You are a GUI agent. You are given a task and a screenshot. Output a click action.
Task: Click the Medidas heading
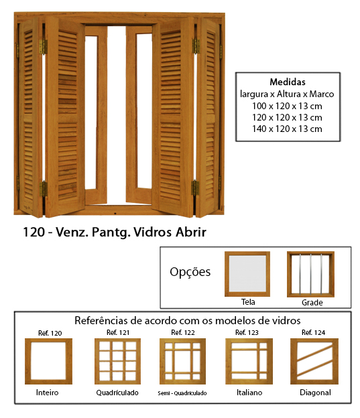[x=288, y=82]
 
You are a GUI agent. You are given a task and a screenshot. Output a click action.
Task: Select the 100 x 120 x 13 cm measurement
[x=287, y=106]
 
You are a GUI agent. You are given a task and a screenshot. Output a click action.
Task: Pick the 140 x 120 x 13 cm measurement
[x=287, y=129]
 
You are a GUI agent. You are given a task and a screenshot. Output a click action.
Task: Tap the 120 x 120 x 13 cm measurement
[x=287, y=118]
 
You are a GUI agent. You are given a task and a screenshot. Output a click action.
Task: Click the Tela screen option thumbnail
[x=247, y=274]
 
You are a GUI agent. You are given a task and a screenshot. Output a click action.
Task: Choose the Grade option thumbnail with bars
[x=310, y=274]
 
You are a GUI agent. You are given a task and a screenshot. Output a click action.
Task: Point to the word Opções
[x=190, y=272]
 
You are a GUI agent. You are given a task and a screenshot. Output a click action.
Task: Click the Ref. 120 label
[x=50, y=333]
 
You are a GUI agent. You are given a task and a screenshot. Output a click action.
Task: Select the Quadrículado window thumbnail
[x=118, y=361]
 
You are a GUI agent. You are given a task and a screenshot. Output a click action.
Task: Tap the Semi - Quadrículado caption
[x=182, y=393]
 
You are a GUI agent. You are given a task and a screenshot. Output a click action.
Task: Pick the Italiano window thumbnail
[x=249, y=361]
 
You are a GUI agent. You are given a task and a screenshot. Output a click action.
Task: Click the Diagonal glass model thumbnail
[x=314, y=361]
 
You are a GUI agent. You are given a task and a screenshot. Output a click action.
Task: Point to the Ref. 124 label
[x=313, y=333]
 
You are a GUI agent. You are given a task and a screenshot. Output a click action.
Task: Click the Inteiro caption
[x=47, y=393]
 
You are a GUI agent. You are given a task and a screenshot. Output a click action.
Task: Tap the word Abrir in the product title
[x=191, y=232]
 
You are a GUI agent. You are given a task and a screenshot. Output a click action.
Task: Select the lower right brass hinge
[x=195, y=188]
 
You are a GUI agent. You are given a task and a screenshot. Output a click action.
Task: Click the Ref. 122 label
[x=183, y=333]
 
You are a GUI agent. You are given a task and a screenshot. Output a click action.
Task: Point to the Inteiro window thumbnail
[x=48, y=361]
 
